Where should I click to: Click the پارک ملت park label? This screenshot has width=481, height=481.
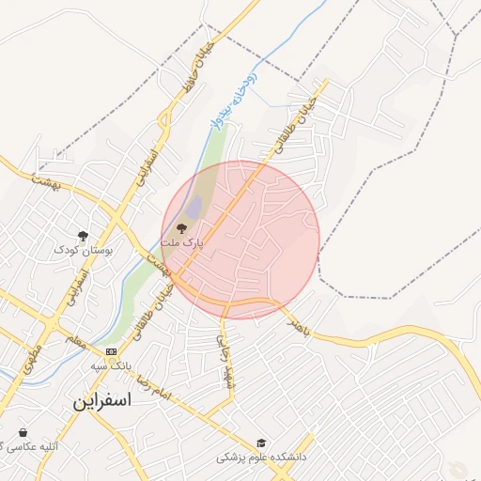(x=181, y=242)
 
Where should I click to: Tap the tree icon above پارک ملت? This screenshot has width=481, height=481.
(x=182, y=227)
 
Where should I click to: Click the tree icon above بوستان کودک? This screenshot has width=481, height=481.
(x=83, y=236)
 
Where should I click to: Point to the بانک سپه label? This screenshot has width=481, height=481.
(x=110, y=365)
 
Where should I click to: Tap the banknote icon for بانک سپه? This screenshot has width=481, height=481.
(x=112, y=352)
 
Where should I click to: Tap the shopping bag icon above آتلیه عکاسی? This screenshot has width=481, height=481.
(x=22, y=432)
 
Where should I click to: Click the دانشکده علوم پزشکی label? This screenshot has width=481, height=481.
(x=261, y=458)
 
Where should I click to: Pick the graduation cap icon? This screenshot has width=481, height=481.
(x=260, y=443)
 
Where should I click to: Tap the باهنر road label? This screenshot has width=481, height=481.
(x=299, y=326)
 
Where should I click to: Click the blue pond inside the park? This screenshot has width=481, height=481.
(x=194, y=209)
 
